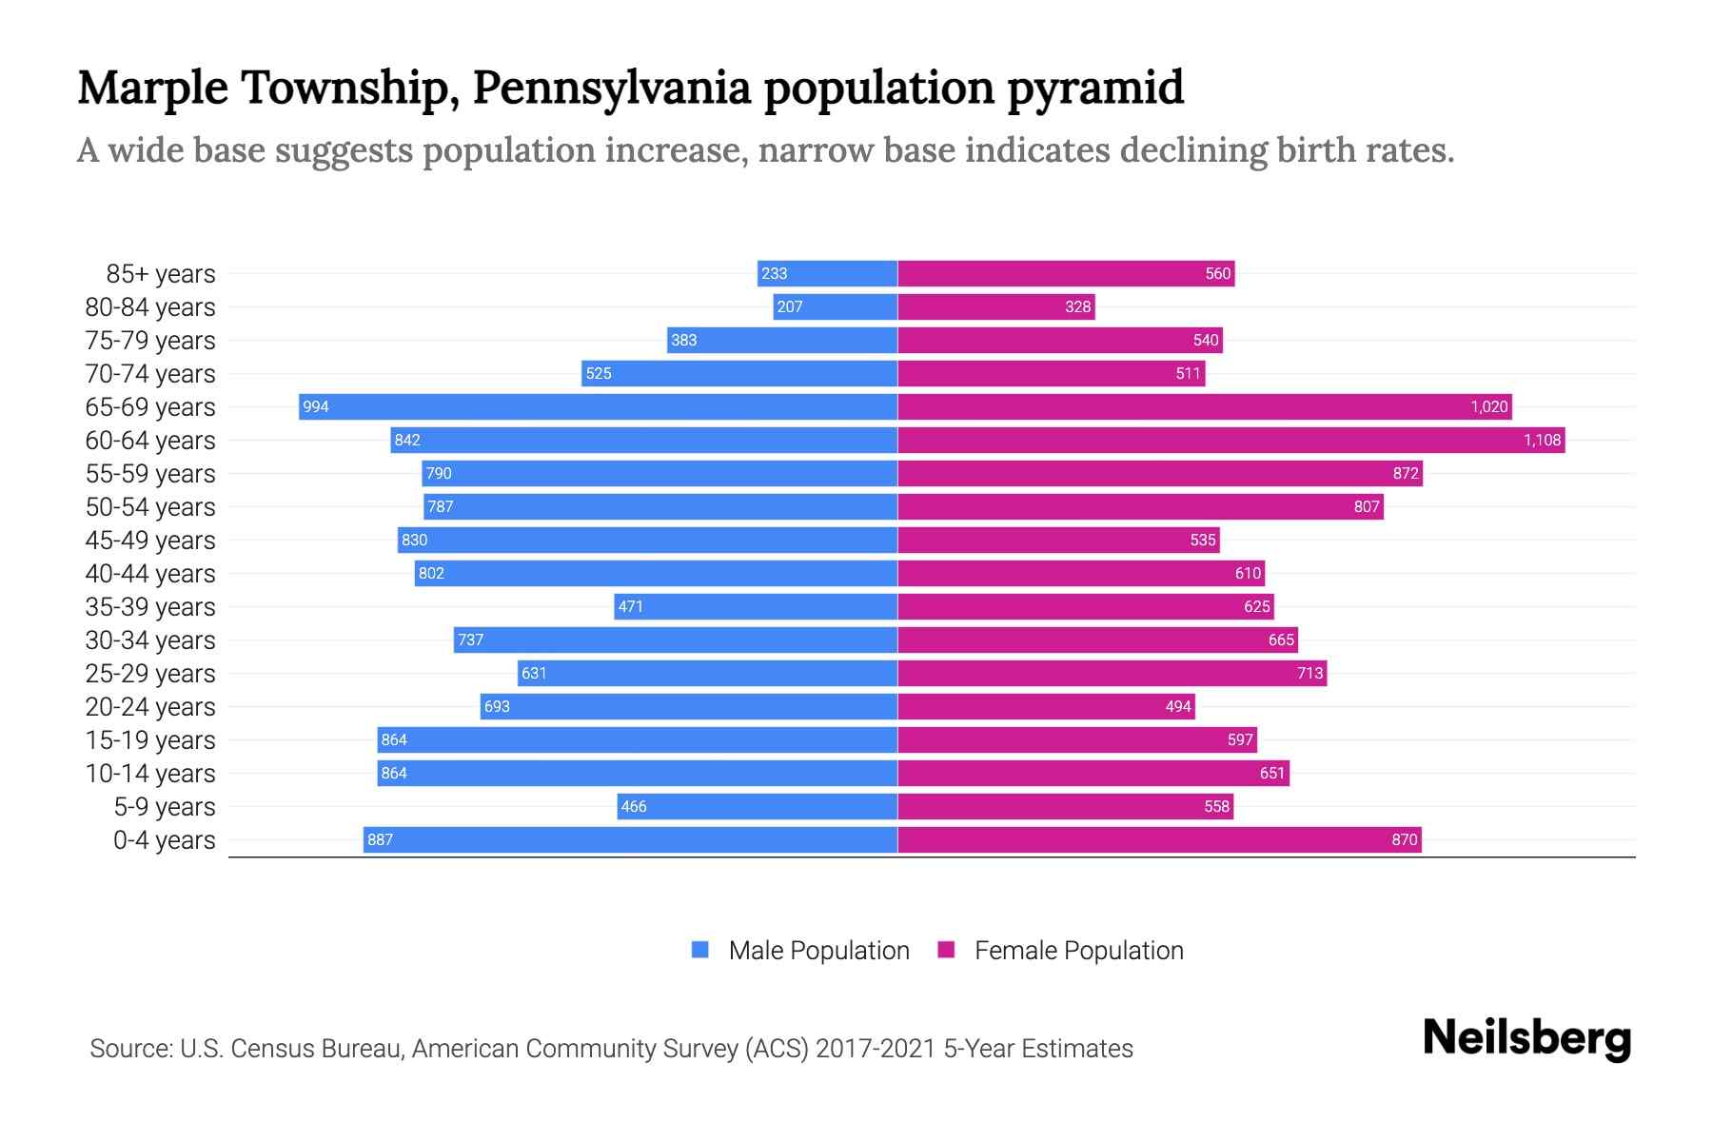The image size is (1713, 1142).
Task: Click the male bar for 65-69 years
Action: click(598, 406)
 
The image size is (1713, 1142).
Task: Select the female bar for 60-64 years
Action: click(1231, 440)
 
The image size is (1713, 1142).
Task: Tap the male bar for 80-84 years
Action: click(836, 306)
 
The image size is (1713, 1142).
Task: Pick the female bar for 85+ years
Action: click(1066, 273)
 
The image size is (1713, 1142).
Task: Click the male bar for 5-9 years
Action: click(757, 806)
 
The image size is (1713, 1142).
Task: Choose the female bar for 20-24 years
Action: click(1046, 706)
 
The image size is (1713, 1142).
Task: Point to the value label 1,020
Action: click(1488, 406)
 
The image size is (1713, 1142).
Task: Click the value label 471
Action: click(630, 606)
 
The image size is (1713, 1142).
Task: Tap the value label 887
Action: click(380, 839)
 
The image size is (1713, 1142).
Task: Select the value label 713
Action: click(1309, 673)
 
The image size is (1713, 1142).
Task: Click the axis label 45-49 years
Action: click(150, 540)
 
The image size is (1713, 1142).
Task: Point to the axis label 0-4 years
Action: click(164, 839)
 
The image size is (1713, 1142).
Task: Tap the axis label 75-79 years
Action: click(150, 340)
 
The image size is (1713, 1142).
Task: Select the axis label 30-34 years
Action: click(150, 640)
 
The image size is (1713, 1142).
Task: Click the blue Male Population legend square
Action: click(700, 950)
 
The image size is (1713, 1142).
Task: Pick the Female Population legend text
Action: click(1078, 950)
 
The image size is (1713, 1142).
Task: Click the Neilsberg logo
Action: click(1526, 1038)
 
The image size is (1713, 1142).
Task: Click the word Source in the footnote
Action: click(129, 1048)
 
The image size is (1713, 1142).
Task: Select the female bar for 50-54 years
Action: click(1140, 506)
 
